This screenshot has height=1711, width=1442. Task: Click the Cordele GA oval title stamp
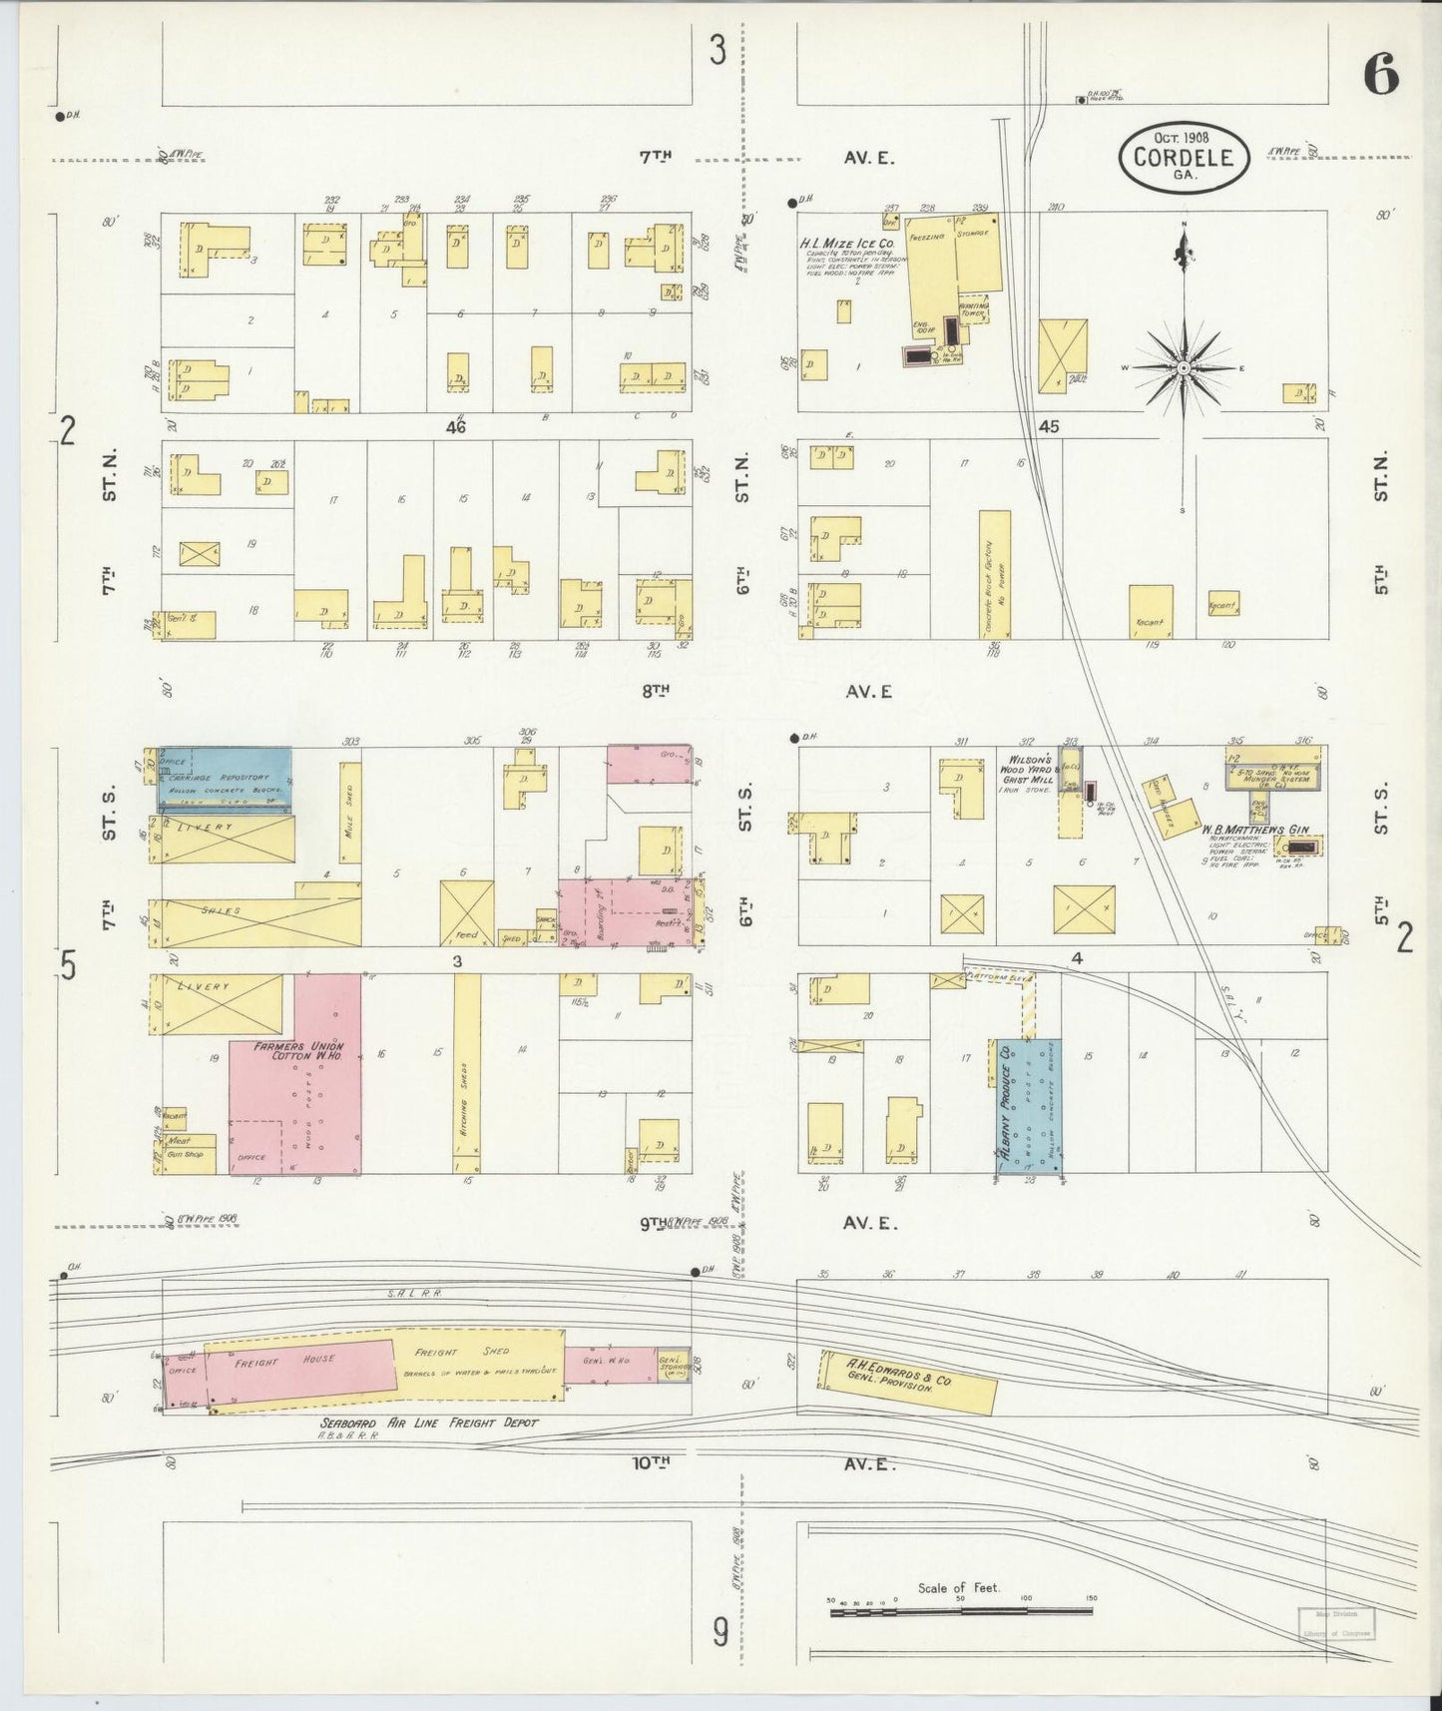tap(1184, 158)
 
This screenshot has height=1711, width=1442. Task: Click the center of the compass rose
tap(1184, 368)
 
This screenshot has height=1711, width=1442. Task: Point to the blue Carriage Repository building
tap(226, 779)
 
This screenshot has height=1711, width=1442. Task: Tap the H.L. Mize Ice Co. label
tap(846, 243)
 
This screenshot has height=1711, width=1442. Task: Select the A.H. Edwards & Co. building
tap(907, 1382)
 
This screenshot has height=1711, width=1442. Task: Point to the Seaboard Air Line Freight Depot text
tap(429, 1423)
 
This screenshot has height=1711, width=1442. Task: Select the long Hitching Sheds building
tap(466, 1073)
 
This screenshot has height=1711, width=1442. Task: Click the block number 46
tap(457, 427)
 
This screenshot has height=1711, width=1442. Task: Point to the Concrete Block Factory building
tap(995, 574)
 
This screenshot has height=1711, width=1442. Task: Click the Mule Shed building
tap(350, 813)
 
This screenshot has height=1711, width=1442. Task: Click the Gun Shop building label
tap(186, 1154)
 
